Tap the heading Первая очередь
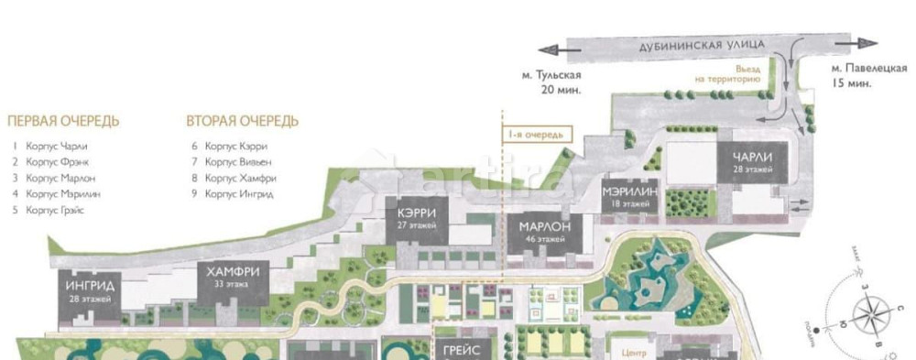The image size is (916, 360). click(x=63, y=121)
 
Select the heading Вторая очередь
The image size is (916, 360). click(x=243, y=121)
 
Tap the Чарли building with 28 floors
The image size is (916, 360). click(x=751, y=163)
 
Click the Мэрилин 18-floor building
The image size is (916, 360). click(x=630, y=197)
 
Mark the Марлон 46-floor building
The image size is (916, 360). click(x=544, y=232)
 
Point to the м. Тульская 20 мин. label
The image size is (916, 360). click(x=553, y=82)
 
